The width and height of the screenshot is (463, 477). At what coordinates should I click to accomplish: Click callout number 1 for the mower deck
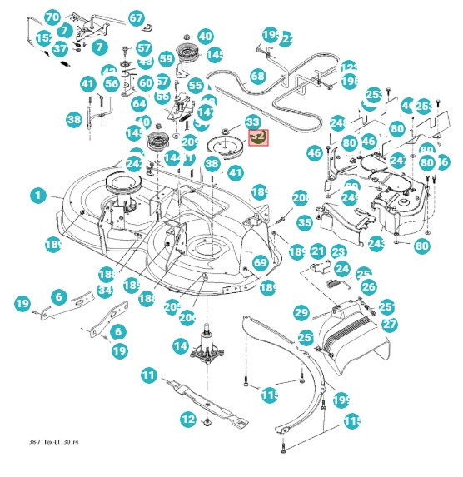click(x=37, y=196)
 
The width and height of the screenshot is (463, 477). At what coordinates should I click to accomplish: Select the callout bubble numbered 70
click(x=52, y=17)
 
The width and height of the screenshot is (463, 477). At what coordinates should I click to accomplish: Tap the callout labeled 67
click(x=137, y=18)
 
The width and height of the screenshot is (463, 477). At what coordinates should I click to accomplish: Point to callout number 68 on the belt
click(x=257, y=77)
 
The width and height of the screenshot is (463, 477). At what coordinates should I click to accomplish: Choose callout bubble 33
click(x=252, y=122)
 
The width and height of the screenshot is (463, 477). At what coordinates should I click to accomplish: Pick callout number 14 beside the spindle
click(x=180, y=345)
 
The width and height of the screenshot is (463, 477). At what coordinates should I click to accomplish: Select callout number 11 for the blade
click(x=148, y=375)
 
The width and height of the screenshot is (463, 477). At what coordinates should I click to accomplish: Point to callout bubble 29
click(x=301, y=312)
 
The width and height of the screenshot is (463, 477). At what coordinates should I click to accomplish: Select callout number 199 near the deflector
click(x=341, y=401)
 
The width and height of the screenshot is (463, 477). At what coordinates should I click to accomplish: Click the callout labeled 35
click(x=305, y=222)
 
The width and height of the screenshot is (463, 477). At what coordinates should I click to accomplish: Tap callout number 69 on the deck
click(x=261, y=262)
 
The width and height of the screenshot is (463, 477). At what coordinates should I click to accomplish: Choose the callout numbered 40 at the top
click(x=204, y=37)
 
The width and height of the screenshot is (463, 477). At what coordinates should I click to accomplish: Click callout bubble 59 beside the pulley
click(x=167, y=59)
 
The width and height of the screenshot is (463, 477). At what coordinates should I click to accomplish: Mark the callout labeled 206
click(x=187, y=317)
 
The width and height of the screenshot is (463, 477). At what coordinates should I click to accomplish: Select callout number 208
click(x=301, y=198)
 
